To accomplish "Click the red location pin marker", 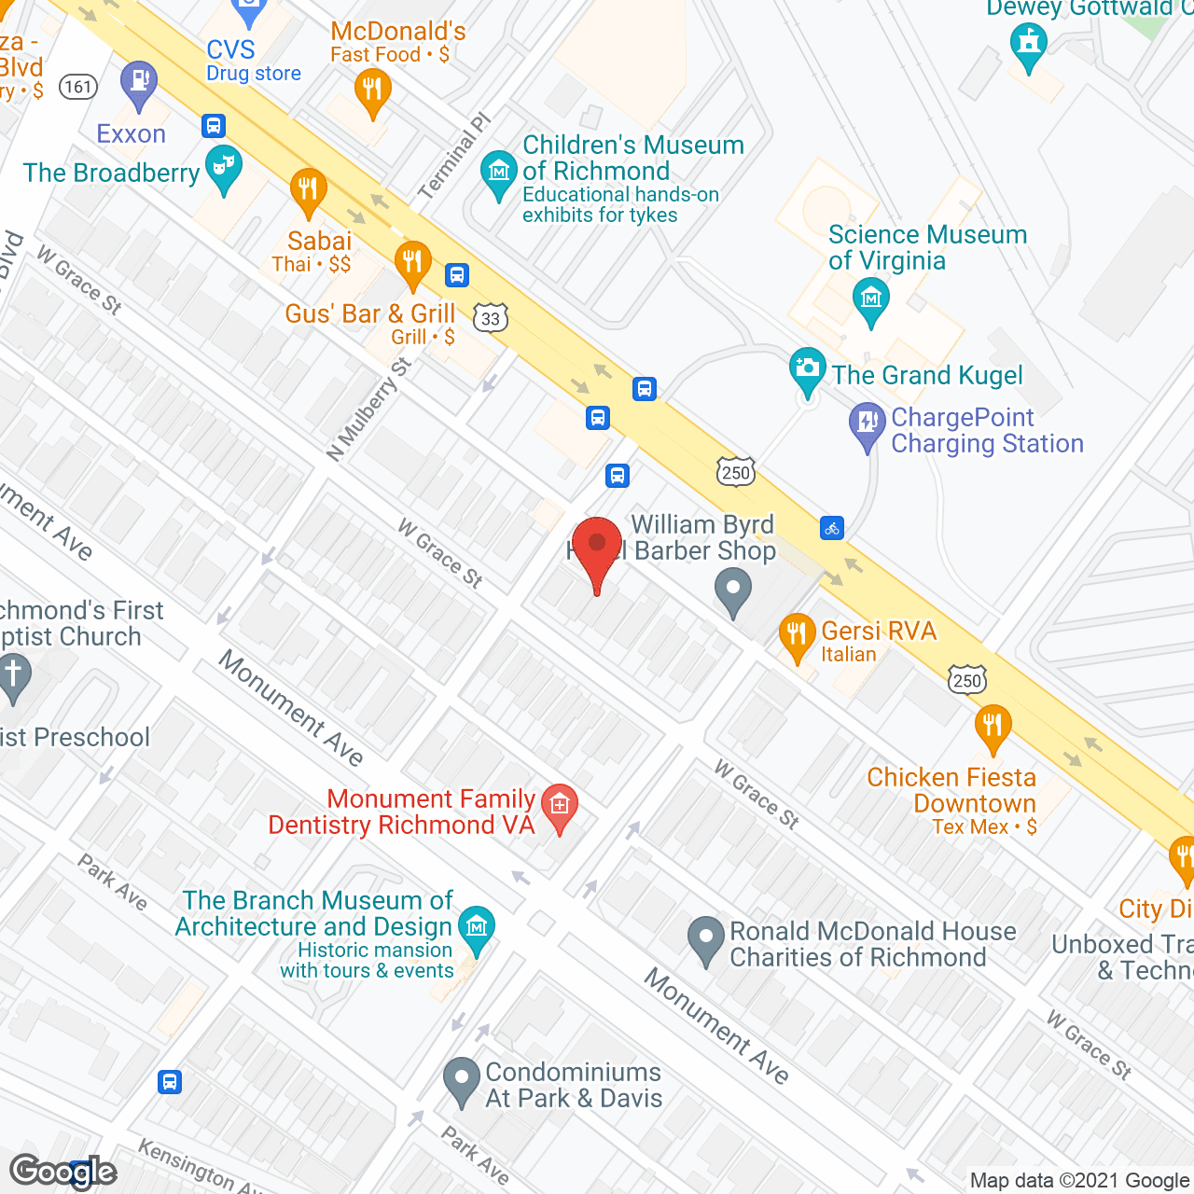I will tap(596, 548).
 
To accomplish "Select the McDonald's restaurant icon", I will tap(372, 92).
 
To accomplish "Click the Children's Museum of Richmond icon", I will tap(499, 173).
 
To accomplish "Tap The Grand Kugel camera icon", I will tap(807, 369).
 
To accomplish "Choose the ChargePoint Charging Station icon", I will tap(868, 424).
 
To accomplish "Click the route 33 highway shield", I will tap(491, 318).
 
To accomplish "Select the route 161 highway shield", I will tap(78, 87).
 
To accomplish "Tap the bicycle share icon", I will tap(832, 528).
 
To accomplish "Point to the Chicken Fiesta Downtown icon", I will tap(993, 726).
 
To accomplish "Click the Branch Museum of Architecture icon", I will tap(477, 928).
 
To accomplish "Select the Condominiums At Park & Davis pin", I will tap(462, 1079).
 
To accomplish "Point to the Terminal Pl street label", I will tap(453, 156).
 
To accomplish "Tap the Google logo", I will tap(63, 1172).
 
